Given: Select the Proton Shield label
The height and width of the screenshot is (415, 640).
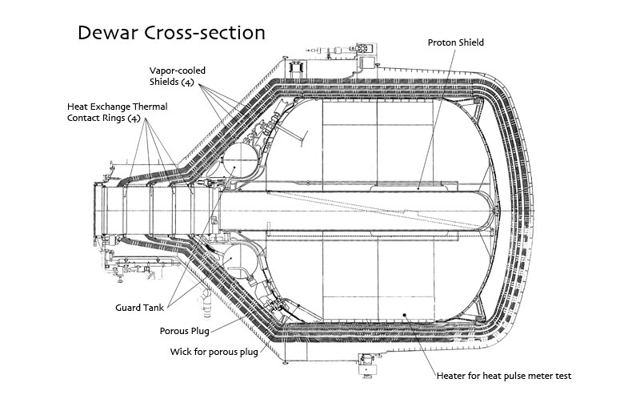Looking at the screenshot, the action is coord(455,42).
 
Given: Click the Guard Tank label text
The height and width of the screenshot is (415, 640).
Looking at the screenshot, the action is coord(139,308).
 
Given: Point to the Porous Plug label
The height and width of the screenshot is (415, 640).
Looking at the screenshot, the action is coord(185,331).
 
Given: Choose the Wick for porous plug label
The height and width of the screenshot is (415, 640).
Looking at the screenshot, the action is coord(214,352).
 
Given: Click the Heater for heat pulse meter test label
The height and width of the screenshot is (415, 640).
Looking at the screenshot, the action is coord(504,376).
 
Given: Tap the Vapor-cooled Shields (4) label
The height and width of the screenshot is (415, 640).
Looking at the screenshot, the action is coord(178,76).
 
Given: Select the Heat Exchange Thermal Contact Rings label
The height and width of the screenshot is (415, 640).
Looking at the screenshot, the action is coord(117,112).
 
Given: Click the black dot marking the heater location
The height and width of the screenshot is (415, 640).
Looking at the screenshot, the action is coord(405,314).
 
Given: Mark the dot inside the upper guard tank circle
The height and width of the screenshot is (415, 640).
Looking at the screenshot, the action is coord(234,167).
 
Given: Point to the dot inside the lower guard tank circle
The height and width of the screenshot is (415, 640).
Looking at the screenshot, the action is coord(231,258).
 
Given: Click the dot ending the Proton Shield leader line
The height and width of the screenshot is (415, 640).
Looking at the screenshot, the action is coord(418,189).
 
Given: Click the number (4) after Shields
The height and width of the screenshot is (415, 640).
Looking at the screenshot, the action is coord(187,82).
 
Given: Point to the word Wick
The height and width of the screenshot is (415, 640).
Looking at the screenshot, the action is coord(180,352).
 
